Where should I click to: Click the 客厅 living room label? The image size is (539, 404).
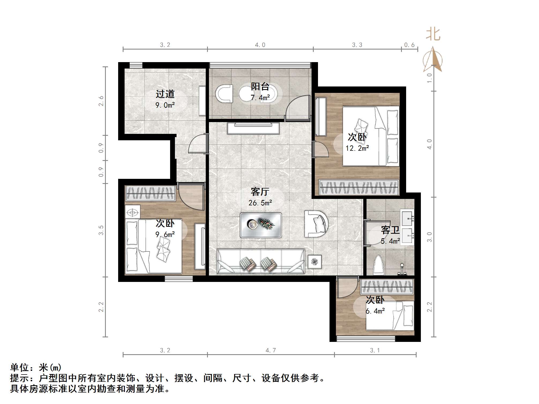pyautogui.click(x=260, y=192)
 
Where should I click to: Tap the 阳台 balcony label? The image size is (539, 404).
pyautogui.click(x=260, y=86)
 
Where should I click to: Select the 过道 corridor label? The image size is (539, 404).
pyautogui.click(x=165, y=94)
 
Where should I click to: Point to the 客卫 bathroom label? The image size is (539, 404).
pyautogui.click(x=390, y=230)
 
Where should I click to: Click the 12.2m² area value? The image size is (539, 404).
pyautogui.click(x=357, y=148)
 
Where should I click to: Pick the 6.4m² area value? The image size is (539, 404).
pyautogui.click(x=375, y=311)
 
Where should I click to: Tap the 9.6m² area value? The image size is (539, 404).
pyautogui.click(x=165, y=235)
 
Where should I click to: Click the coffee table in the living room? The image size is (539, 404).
pyautogui.click(x=261, y=225)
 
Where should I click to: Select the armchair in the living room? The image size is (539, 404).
pyautogui.click(x=317, y=224)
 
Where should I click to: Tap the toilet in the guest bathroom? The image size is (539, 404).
pyautogui.click(x=379, y=265)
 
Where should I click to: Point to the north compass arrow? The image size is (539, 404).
pyautogui.click(x=433, y=59)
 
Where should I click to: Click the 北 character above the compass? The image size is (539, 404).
pyautogui.click(x=433, y=34)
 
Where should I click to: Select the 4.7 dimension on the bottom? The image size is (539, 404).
pyautogui.click(x=271, y=350)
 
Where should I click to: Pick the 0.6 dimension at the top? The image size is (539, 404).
pyautogui.click(x=409, y=45)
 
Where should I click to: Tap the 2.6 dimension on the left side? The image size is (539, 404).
pyautogui.click(x=101, y=101)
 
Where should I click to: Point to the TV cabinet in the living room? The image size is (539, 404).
pyautogui.click(x=253, y=128)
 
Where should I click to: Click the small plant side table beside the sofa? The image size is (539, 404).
pyautogui.click(x=315, y=261)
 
